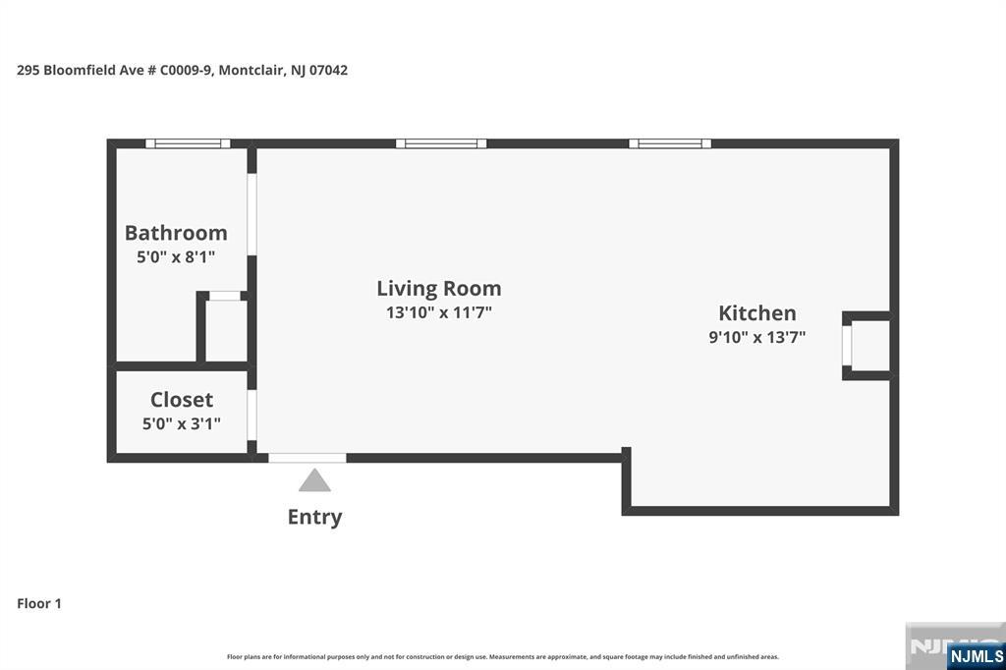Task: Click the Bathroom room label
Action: point(176,232)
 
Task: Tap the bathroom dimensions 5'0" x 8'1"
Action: point(176,256)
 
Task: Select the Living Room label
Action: point(439,288)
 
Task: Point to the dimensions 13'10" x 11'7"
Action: point(439,312)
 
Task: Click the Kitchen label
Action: point(757,312)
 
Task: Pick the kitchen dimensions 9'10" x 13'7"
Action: point(757,337)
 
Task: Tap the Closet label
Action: point(182,399)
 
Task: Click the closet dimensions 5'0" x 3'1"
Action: point(182,423)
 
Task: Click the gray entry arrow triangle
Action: point(314,480)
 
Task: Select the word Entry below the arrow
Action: point(314,517)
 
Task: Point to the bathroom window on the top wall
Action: point(188,143)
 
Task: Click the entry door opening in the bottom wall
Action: point(307,458)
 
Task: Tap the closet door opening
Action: point(252,415)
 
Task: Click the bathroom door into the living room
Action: point(252,214)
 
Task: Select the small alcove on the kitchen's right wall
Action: point(866,345)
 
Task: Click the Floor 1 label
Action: point(39,603)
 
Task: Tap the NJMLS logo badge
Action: point(976,655)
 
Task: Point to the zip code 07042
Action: point(328,70)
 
